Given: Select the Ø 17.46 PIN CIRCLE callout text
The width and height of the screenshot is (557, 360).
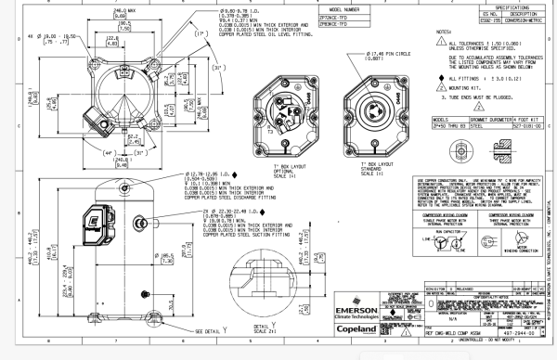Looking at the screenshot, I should point(370,56).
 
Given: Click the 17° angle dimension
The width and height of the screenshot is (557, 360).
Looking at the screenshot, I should point(177,35).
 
